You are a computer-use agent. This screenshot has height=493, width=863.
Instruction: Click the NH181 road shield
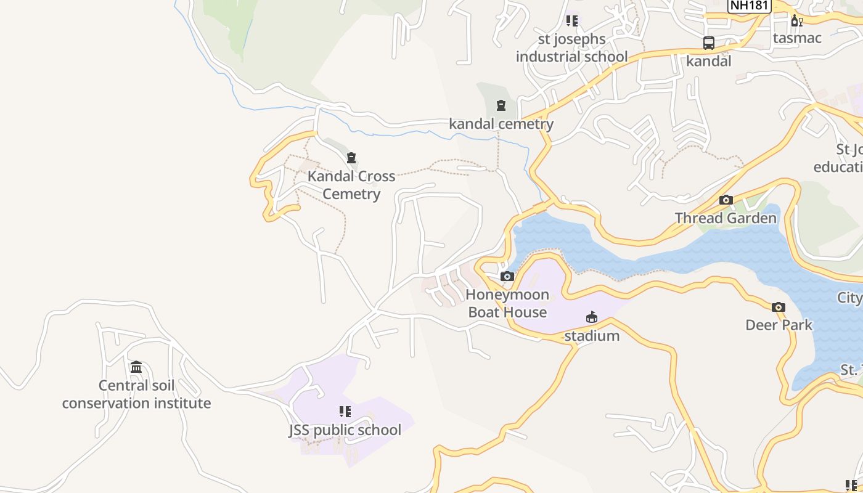point(740,6)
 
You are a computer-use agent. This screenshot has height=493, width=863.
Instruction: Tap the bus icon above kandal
point(709,43)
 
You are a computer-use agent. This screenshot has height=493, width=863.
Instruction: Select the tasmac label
point(797,38)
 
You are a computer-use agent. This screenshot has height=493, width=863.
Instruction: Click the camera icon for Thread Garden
point(726,200)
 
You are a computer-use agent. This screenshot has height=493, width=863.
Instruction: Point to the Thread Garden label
point(726,218)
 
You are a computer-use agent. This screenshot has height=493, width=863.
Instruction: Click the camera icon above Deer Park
point(779,307)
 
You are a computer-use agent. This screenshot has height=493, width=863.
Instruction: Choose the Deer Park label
point(779,325)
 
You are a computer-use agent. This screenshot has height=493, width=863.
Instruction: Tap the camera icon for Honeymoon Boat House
point(507,277)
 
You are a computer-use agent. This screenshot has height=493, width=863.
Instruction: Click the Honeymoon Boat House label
point(507,304)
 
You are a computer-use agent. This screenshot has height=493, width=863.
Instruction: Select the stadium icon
point(592,317)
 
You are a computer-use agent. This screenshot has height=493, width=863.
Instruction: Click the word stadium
point(592,336)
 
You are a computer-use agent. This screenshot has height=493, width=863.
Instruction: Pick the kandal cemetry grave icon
point(501,106)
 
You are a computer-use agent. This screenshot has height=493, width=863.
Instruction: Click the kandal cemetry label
point(501,124)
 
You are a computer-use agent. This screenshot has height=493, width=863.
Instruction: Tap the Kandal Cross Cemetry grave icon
point(351,158)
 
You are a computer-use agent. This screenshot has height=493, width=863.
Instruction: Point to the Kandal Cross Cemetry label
point(351,185)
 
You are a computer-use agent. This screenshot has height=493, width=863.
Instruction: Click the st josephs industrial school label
point(572,48)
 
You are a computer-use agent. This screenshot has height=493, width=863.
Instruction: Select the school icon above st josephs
point(572,21)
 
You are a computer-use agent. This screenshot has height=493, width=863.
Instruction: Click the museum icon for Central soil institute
point(136,367)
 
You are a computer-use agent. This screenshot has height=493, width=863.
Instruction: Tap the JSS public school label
point(345,430)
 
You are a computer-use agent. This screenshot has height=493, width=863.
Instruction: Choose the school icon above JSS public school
point(345,411)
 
